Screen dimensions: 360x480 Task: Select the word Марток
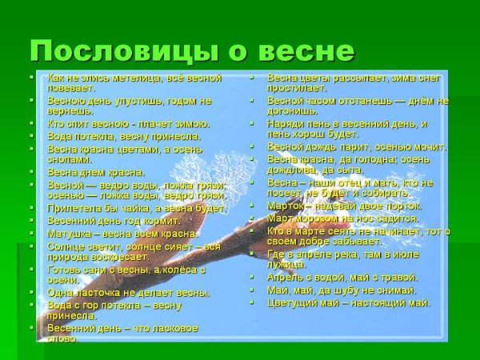point(288,206)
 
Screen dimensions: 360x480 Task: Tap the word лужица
point(286,264)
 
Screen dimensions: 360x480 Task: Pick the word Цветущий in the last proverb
point(294,302)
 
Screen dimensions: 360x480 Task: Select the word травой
point(396,277)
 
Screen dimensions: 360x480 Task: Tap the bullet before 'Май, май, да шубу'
point(251,290)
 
